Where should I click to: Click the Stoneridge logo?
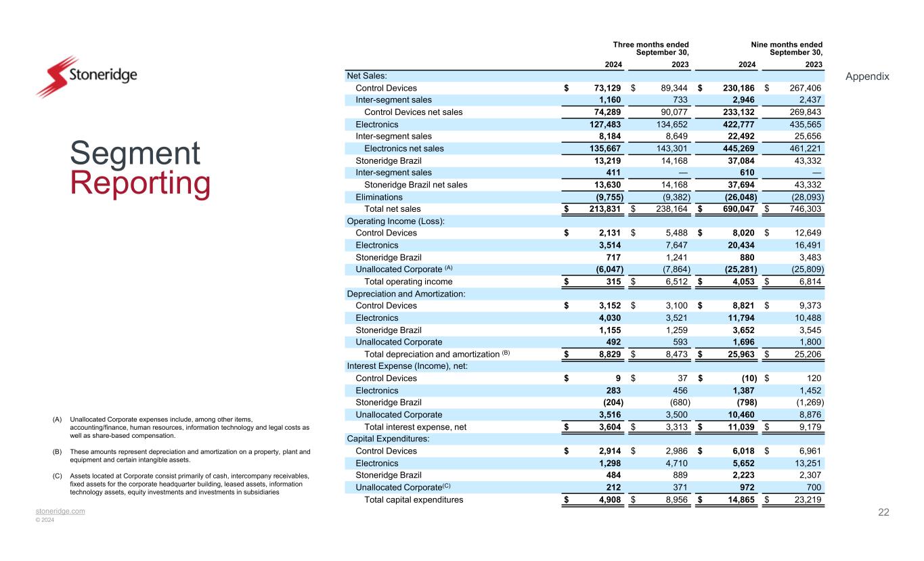(x=86, y=76)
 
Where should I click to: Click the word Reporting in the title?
(x=139, y=184)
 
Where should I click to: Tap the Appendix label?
(x=867, y=76)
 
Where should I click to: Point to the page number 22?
(x=883, y=512)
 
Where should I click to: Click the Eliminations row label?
(x=379, y=197)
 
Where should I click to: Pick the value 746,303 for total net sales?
(x=804, y=209)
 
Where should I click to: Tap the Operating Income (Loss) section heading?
(x=395, y=221)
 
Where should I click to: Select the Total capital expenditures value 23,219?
(x=806, y=499)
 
